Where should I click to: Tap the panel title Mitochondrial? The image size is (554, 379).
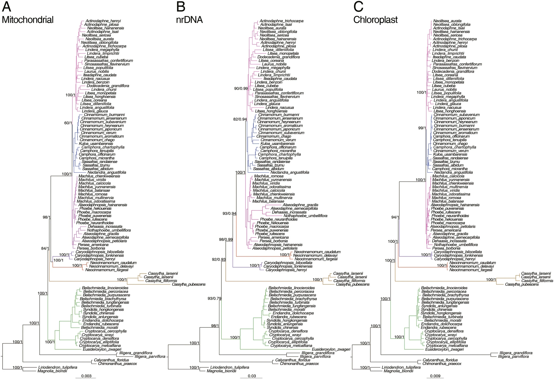(28, 20)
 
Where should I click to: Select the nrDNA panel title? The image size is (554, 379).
(189, 20)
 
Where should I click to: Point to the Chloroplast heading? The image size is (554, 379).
(375, 20)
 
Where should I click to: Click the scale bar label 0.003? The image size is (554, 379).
(86, 376)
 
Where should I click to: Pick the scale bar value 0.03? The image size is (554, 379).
(252, 376)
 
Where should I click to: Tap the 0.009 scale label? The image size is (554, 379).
(435, 376)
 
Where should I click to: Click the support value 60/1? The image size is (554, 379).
(68, 123)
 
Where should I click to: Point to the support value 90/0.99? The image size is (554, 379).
(241, 89)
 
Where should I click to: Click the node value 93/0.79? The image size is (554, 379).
(214, 298)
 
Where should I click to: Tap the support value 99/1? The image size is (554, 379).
(422, 128)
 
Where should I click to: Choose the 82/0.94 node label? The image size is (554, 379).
(240, 119)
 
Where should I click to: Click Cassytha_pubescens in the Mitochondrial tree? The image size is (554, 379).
(188, 284)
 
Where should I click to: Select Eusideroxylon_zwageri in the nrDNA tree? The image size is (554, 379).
(331, 349)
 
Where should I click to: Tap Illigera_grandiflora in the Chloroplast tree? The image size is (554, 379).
(516, 353)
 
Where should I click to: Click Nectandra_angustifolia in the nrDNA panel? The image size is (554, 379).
(290, 172)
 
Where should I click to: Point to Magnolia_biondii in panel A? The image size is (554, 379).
(52, 371)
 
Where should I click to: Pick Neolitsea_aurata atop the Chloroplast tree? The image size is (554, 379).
(447, 21)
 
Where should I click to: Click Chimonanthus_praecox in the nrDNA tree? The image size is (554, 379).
(299, 364)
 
